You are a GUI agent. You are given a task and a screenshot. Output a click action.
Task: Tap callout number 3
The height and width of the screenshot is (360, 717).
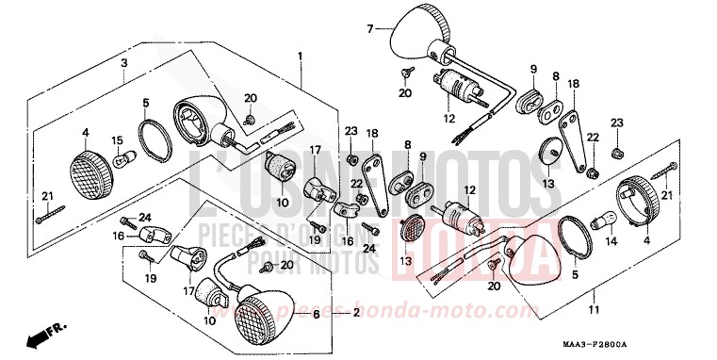(123, 63)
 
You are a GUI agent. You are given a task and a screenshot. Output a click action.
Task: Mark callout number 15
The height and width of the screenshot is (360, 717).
(118, 141)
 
